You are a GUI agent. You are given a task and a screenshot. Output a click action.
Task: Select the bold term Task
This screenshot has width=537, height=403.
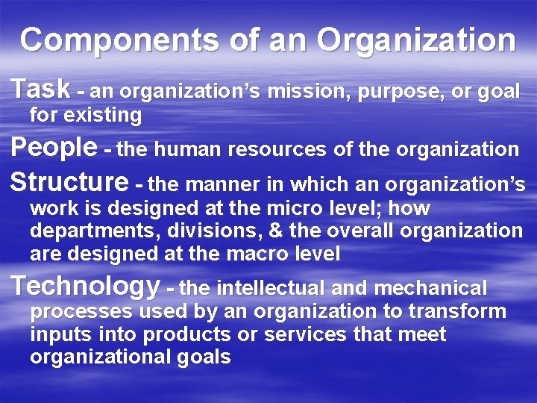coord(41,89)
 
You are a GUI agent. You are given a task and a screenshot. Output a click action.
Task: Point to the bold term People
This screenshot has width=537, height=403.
coord(54,147)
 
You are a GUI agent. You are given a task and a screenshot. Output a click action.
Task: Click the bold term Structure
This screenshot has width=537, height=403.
coord(70,182)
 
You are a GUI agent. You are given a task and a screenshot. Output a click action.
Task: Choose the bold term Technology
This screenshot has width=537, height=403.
coord(86,286)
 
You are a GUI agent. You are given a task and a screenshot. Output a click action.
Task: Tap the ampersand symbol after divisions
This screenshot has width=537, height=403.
coord(248,231)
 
